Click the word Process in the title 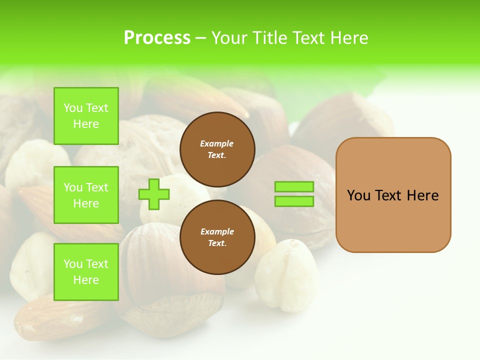157,38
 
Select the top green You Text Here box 86,116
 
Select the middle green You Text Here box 86,195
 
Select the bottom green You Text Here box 86,272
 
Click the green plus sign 154,194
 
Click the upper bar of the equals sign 294,186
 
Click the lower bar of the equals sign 294,201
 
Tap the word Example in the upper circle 216,143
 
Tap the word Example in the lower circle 217,231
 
